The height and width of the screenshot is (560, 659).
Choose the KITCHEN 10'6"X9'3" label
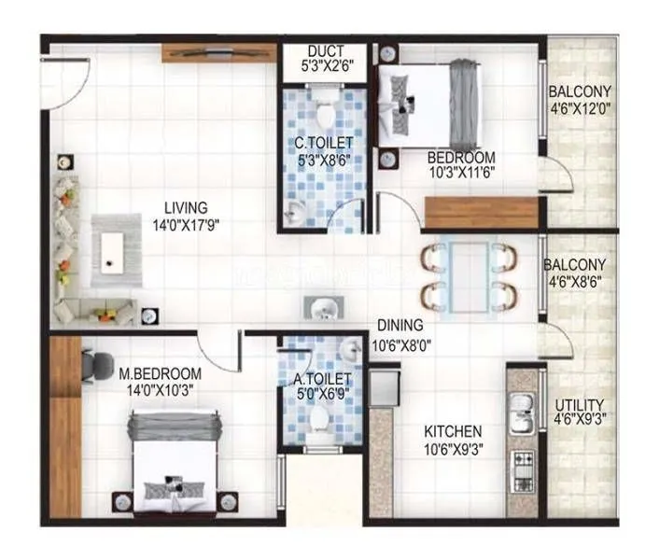coord(453,440)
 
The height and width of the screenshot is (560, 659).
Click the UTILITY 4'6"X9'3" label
coord(579,413)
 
